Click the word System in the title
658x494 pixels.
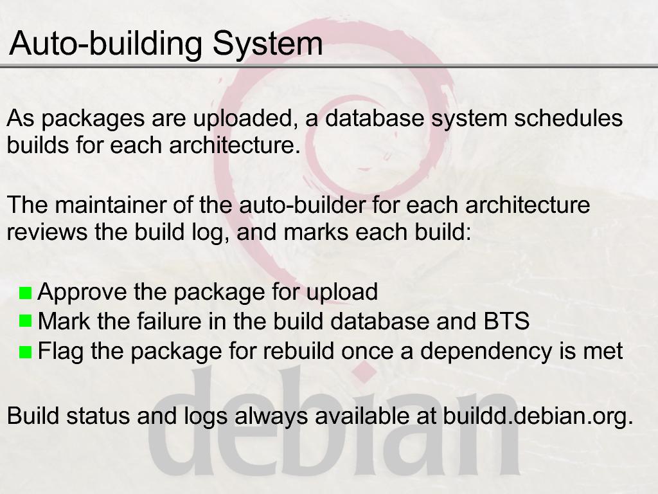pyautogui.click(x=268, y=43)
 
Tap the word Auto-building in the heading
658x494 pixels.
pyautogui.click(x=106, y=44)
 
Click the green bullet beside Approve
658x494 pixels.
pyautogui.click(x=26, y=293)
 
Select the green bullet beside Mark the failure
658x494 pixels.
pyautogui.click(x=26, y=322)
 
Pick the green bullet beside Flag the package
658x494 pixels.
pyautogui.click(x=26, y=351)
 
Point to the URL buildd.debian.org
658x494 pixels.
pyautogui.click(x=538, y=416)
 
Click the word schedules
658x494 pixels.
pyautogui.click(x=568, y=118)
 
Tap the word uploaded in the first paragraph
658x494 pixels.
pyautogui.click(x=242, y=119)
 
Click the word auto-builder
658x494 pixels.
pyautogui.click(x=303, y=205)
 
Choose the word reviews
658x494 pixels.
pyautogui.click(x=47, y=232)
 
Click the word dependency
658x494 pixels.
pyautogui.click(x=486, y=352)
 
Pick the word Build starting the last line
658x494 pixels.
pyautogui.click(x=33, y=416)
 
